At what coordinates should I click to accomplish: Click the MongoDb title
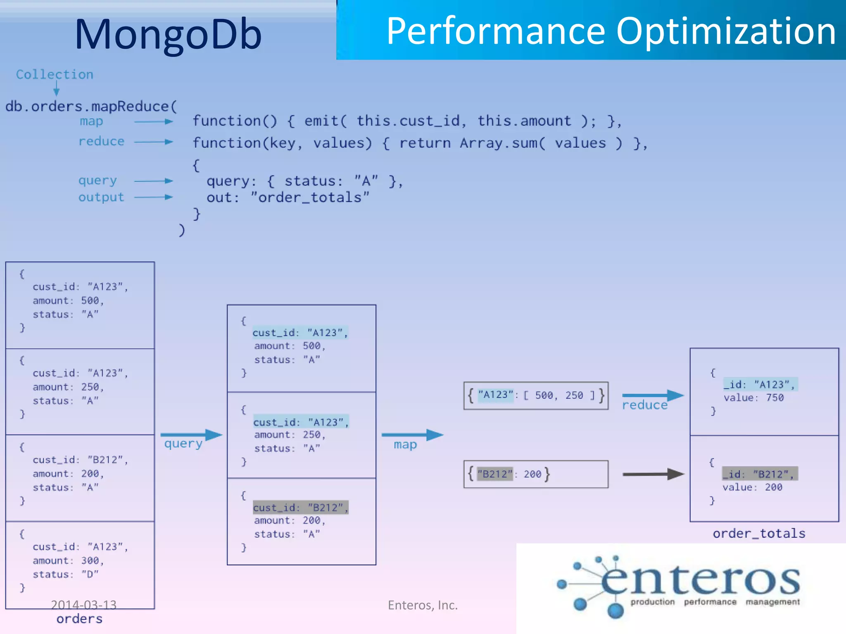168,35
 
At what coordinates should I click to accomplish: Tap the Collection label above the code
55,75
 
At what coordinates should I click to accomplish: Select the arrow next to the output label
153,197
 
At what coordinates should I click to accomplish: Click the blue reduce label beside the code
101,142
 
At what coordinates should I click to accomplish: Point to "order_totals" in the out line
310,198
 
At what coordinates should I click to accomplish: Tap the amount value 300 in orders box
90,561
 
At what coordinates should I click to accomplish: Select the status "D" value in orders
90,574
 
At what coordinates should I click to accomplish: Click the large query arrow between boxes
191,435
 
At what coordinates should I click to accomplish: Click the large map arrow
412,435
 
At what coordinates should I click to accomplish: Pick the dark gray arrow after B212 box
653,474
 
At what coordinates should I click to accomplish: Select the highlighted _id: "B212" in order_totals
759,474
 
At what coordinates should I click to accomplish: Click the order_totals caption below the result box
759,534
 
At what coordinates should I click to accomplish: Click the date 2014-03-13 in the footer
83,605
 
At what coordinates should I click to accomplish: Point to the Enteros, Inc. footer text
423,605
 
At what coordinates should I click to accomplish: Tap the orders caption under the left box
79,619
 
